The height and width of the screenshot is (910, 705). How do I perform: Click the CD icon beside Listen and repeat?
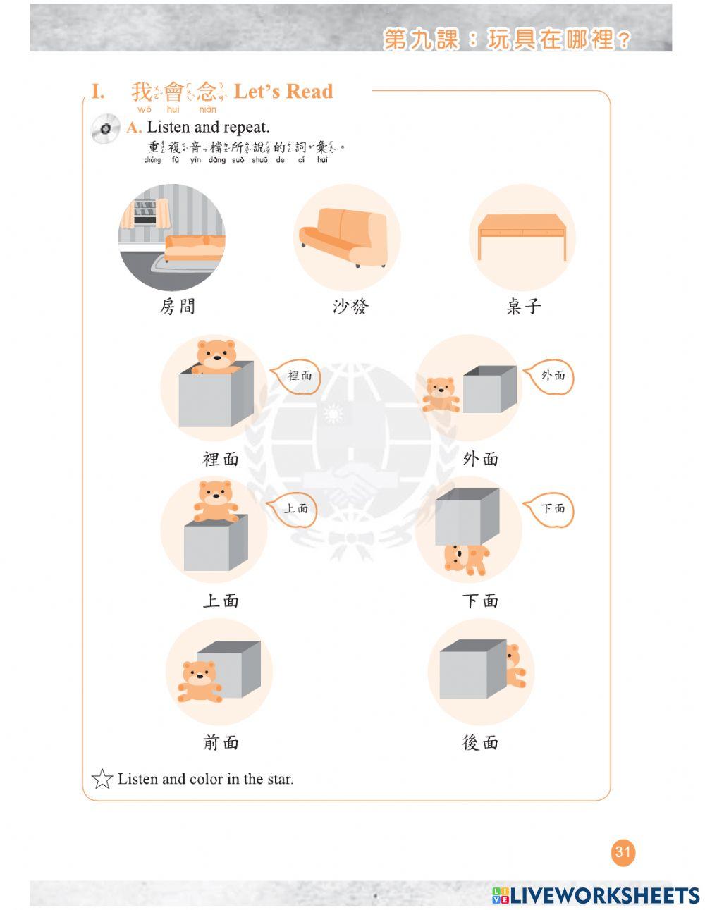[105, 128]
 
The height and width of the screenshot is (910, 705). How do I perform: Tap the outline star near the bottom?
[102, 779]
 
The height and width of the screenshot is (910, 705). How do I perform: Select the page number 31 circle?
[623, 852]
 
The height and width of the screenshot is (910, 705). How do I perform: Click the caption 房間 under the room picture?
[177, 307]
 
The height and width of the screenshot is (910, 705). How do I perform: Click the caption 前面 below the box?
[221, 743]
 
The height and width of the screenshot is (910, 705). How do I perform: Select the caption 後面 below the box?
[480, 743]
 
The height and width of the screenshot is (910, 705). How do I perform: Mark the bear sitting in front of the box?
[199, 681]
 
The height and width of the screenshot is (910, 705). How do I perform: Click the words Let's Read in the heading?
[283, 92]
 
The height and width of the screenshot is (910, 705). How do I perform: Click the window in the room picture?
[145, 212]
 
